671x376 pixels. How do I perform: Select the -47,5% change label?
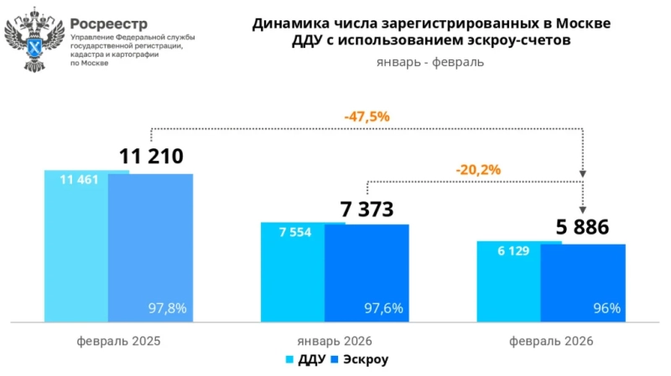tap(367, 117)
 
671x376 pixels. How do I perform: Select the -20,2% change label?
tap(478, 169)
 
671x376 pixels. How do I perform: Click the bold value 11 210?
tap(151, 157)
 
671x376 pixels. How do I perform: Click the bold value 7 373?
tap(367, 209)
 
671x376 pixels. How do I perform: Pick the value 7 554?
tap(295, 232)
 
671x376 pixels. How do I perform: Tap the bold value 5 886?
tap(583, 228)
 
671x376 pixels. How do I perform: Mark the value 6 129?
tap(512, 250)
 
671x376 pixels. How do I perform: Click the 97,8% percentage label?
tap(167, 308)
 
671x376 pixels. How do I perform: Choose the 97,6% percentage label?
tap(383, 308)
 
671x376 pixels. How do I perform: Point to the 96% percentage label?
tap(606, 308)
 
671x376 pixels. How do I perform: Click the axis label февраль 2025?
tap(118, 341)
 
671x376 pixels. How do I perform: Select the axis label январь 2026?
tap(335, 341)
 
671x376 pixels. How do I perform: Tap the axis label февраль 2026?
tap(551, 341)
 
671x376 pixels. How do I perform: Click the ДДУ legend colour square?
tap(290, 360)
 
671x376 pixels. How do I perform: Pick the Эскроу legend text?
tap(366, 360)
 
